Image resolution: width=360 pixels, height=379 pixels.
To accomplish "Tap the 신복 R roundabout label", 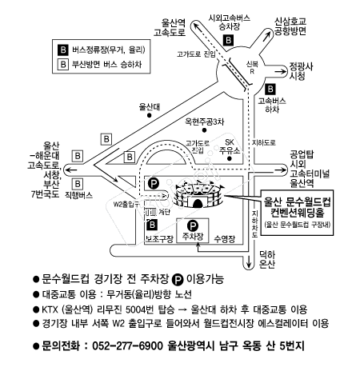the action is [x=252, y=68].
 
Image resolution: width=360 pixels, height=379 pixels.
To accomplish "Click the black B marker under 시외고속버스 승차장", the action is [x=228, y=41].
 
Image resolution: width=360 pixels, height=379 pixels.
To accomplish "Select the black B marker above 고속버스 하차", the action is [x=270, y=89].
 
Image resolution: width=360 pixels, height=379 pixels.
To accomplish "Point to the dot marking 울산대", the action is [x=150, y=115].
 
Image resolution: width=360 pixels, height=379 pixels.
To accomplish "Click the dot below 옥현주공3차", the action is [x=204, y=130].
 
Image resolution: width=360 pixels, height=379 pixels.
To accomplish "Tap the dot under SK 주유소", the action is [x=229, y=158].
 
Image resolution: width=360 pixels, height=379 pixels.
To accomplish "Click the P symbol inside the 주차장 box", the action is [x=193, y=226].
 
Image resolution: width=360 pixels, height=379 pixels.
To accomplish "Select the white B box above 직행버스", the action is [x=78, y=184].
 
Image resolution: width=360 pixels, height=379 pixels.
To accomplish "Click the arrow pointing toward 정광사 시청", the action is [x=280, y=71].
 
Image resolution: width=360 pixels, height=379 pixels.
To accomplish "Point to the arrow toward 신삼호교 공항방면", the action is [x=266, y=36].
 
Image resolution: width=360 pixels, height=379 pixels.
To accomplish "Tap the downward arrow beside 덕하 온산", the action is [x=249, y=262].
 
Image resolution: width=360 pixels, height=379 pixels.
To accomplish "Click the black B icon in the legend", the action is [x=63, y=50].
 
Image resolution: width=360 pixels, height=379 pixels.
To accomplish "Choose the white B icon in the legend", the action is [x=63, y=64].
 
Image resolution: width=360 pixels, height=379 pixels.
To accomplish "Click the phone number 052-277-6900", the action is [x=127, y=346].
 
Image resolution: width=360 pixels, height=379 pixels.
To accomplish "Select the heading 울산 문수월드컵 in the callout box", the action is [x=297, y=202].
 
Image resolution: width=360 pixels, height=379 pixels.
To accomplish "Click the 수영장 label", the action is [x=225, y=239].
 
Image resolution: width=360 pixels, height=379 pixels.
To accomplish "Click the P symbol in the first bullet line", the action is [x=178, y=280].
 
